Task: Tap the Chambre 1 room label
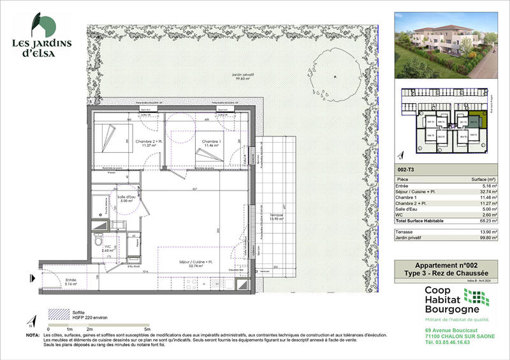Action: coord(211,143)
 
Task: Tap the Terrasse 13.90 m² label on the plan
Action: coord(275,217)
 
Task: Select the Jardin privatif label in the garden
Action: coord(242,76)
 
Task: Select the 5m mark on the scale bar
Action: coord(148,328)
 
